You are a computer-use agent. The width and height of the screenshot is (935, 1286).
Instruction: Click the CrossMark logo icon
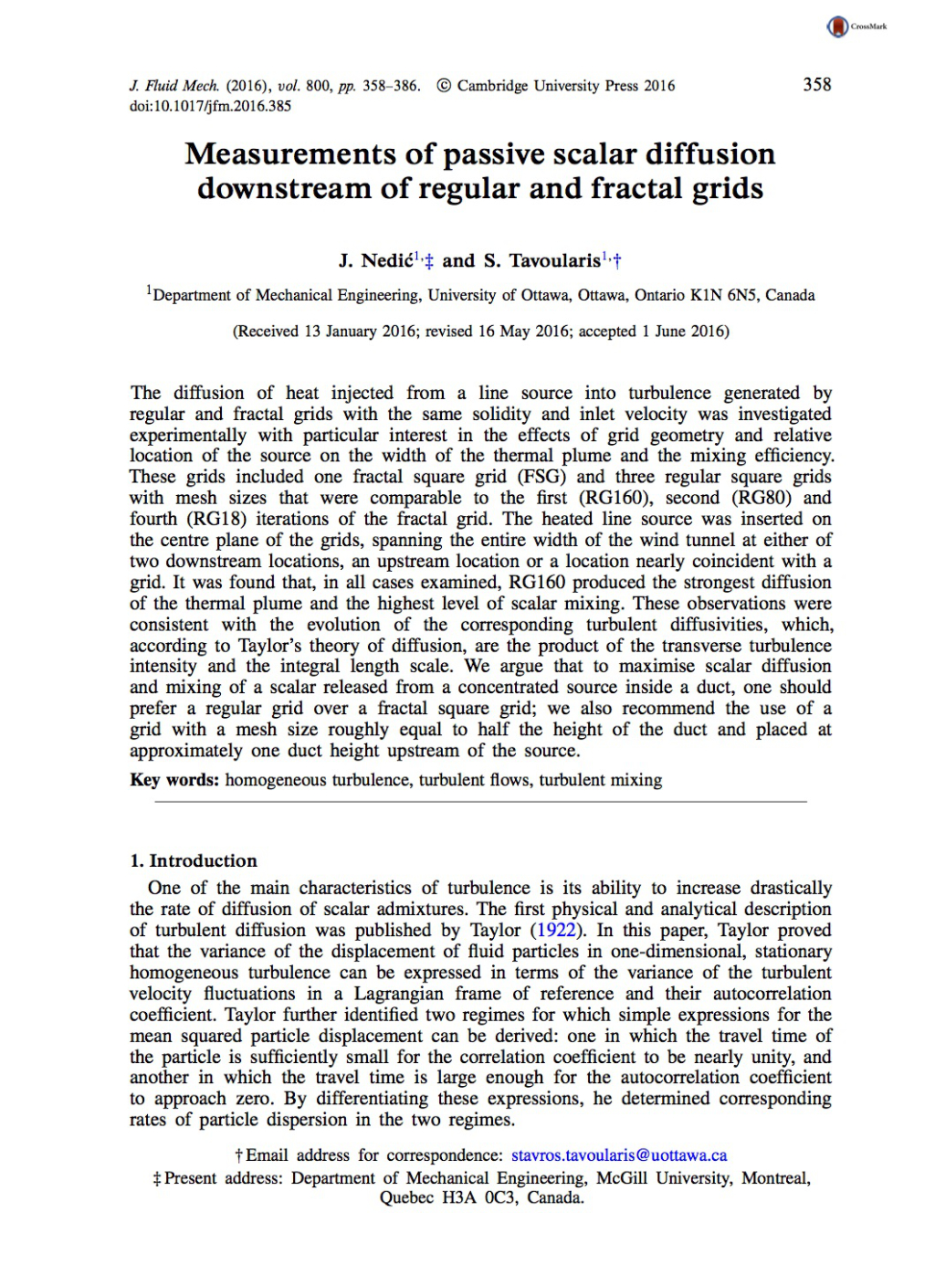coord(837,27)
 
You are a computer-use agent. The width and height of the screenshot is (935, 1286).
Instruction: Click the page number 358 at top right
coord(816,85)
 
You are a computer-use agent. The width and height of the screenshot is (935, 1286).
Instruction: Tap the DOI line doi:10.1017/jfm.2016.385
coord(210,106)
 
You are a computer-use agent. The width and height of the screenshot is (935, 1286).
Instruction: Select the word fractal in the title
coord(636,188)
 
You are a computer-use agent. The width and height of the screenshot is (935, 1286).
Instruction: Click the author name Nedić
coord(387,261)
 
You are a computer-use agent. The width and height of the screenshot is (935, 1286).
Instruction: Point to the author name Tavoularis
coord(554,261)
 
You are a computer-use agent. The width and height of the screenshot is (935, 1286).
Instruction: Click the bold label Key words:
coord(174,780)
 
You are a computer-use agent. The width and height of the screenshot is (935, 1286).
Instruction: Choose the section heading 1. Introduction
coord(194,860)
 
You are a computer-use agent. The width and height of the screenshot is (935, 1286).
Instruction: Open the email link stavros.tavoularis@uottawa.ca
coord(619,1155)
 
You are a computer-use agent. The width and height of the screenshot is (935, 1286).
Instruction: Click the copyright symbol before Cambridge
coord(444,86)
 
